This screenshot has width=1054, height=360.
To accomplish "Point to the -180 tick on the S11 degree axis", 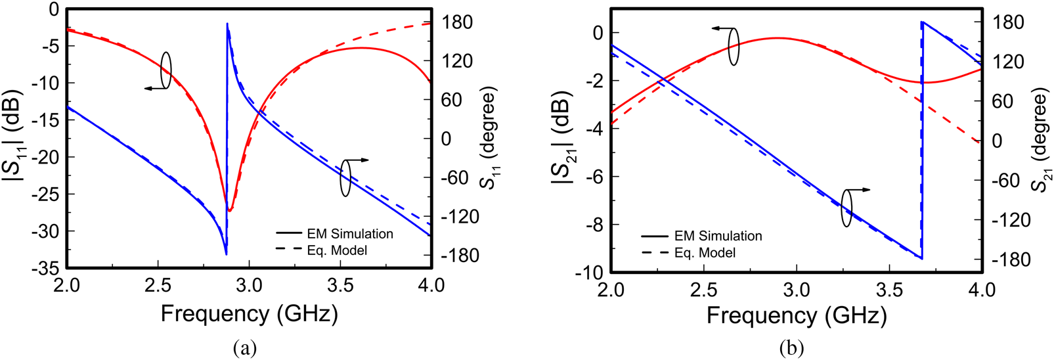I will (460, 256).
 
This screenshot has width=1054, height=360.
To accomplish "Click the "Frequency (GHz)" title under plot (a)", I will (249, 315).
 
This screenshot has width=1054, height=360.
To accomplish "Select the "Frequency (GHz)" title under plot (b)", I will (797, 316).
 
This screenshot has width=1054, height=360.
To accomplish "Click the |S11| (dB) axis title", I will (16, 138).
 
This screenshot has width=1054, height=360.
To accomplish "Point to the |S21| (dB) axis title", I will (563, 141).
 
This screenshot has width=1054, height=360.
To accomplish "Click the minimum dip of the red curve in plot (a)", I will (230, 210).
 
